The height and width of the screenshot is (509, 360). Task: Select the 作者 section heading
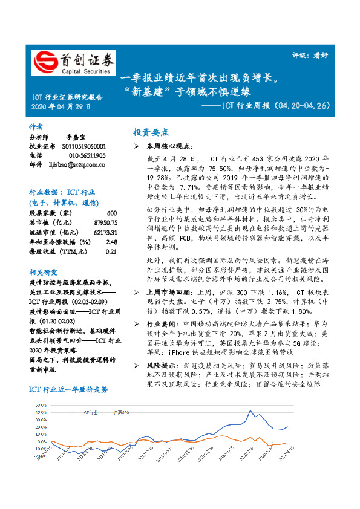click(36, 127)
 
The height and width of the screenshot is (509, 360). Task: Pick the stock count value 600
click(111, 214)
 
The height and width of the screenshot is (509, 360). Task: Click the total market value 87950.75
click(106, 223)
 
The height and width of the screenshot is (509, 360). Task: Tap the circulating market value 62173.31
click(106, 232)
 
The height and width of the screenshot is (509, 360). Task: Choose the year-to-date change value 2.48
click(111, 242)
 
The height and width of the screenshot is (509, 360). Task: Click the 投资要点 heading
click(151, 132)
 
